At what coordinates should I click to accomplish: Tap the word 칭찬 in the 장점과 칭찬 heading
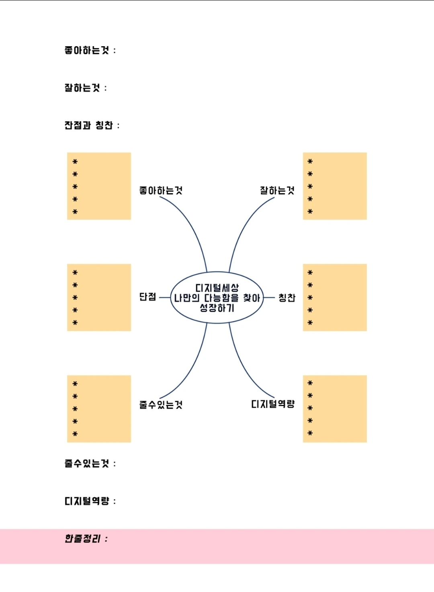pos(104,125)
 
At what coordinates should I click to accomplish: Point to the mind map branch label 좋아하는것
pos(161,190)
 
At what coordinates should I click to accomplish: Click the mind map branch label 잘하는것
pos(277,190)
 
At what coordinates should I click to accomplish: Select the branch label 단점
pos(147,297)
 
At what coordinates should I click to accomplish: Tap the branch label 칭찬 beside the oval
pos(287,298)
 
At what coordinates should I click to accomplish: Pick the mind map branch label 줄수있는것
pos(161,404)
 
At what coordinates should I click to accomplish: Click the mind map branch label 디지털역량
pos(273,404)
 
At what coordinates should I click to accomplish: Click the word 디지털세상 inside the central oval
pos(217,288)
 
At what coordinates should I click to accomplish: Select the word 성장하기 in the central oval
pos(217,308)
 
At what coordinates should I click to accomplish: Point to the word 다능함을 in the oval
pos(221,298)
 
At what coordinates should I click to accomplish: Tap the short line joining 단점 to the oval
pos(165,298)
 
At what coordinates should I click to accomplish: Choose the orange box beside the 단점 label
pos(99,298)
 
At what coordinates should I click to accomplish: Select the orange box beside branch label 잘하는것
pos(335,186)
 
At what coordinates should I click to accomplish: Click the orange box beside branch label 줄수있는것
pos(99,409)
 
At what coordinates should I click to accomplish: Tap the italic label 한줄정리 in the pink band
pos(82,539)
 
